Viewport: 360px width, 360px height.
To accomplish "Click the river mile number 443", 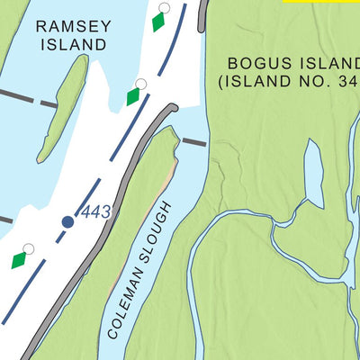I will (x=95, y=212).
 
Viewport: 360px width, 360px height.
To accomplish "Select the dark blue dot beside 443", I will (x=67, y=221).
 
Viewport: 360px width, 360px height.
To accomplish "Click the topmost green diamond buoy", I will (x=158, y=22).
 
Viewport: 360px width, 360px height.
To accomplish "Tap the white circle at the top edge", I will (x=163, y=7).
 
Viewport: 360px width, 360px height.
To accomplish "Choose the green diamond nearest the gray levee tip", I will (x=133, y=96).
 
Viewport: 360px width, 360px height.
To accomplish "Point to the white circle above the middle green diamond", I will (x=139, y=84).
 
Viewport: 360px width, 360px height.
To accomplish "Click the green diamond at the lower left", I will (x=19, y=260).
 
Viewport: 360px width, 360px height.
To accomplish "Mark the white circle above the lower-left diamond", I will (x=28, y=248).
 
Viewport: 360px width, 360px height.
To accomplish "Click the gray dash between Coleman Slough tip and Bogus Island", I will (x=193, y=141).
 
